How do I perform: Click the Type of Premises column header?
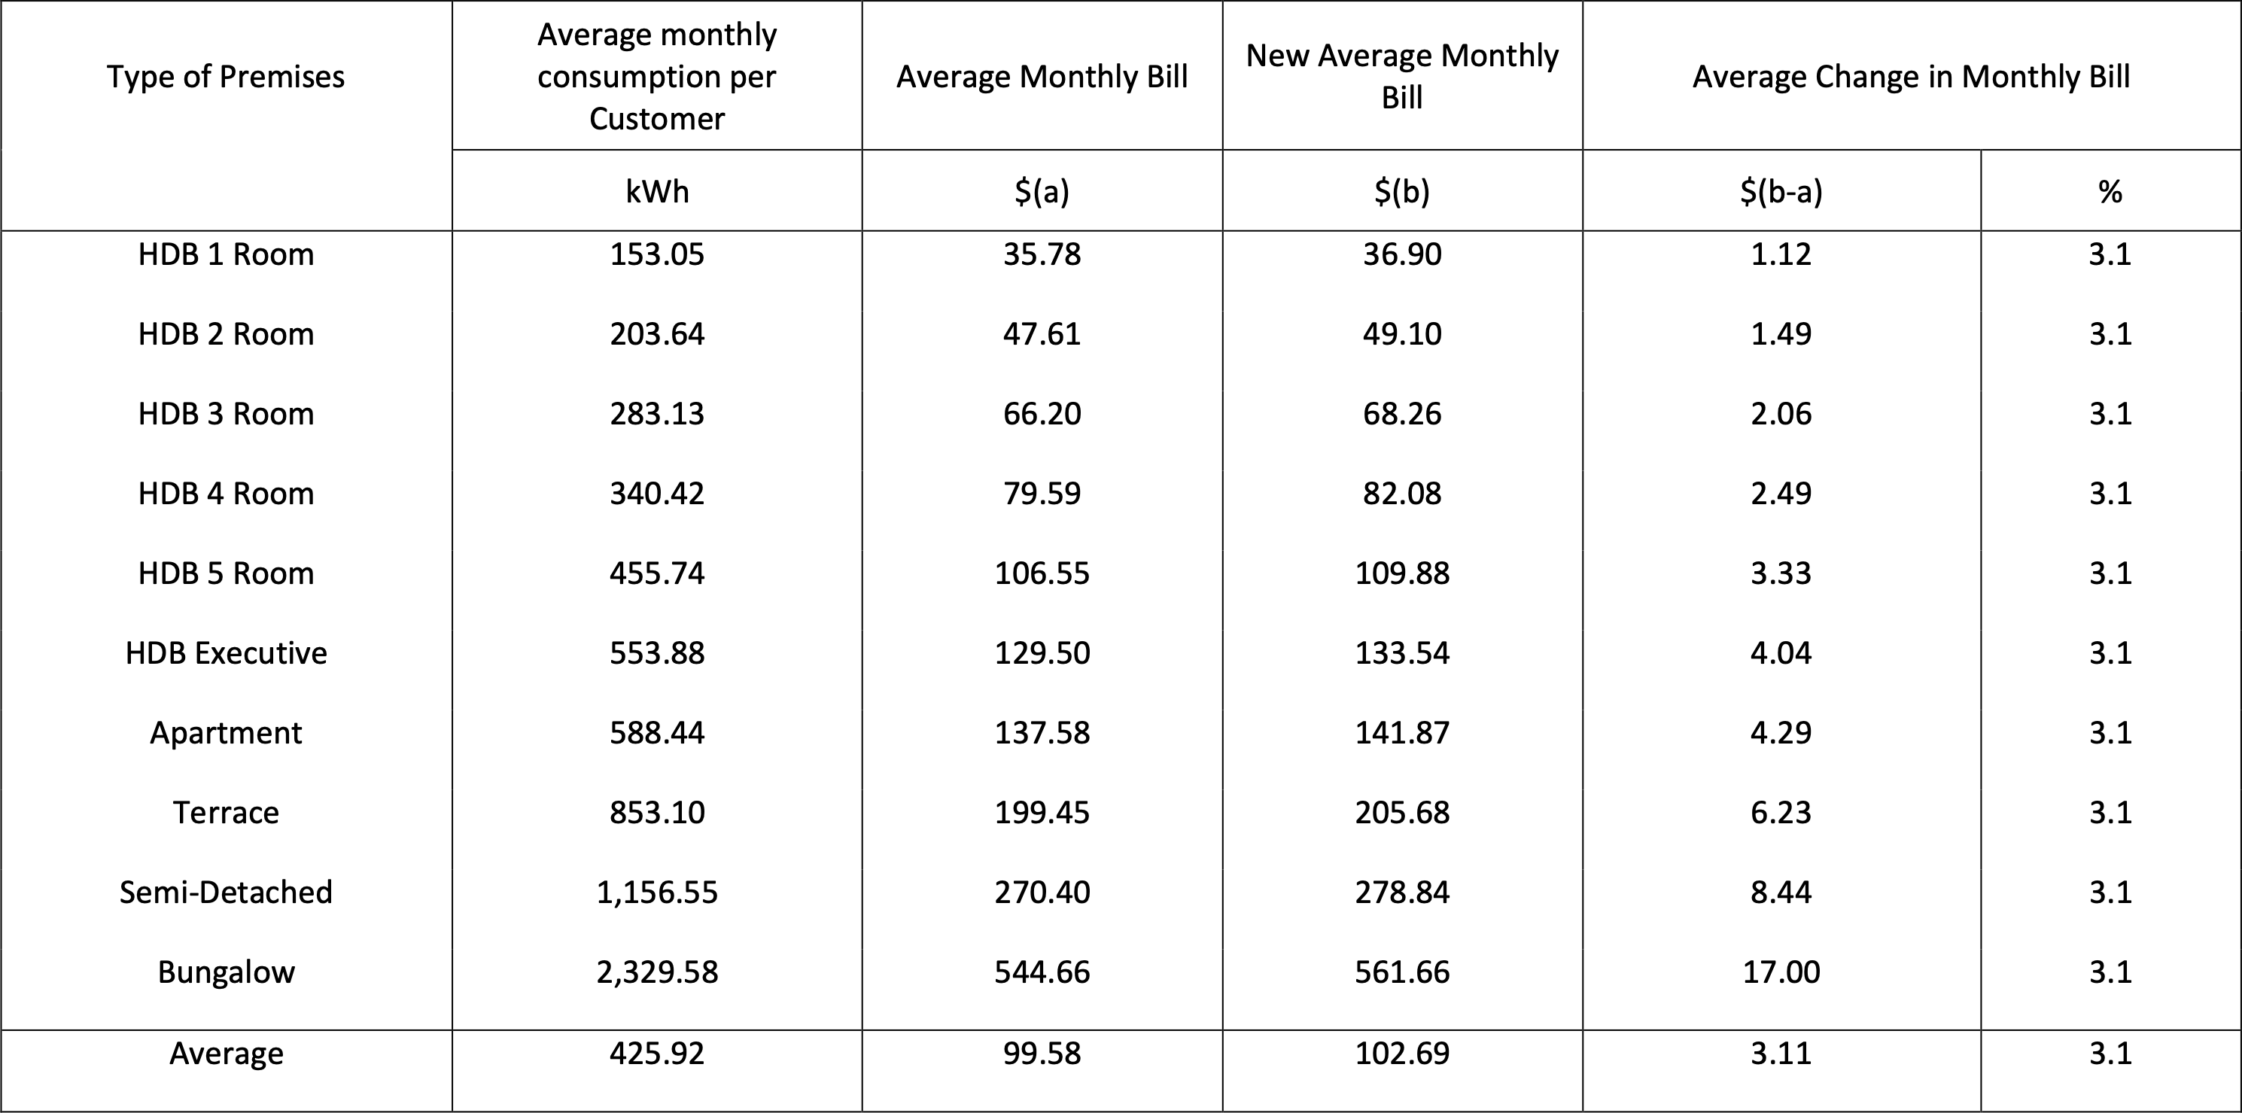pyautogui.click(x=226, y=77)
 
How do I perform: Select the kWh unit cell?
pyautogui.click(x=656, y=190)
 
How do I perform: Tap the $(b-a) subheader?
pyautogui.click(x=1781, y=190)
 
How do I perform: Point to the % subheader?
pyautogui.click(x=2110, y=190)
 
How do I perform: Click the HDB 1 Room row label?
pyautogui.click(x=226, y=254)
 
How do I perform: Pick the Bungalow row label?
pyautogui.click(x=226, y=972)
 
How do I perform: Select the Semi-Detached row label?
pyautogui.click(x=226, y=892)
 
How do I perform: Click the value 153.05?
pyautogui.click(x=656, y=254)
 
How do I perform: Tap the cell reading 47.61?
pyautogui.click(x=1041, y=333)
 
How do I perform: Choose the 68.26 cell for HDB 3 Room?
pyautogui.click(x=1401, y=413)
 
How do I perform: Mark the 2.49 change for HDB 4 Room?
pyautogui.click(x=1781, y=494)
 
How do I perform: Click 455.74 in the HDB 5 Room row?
pyautogui.click(x=656, y=573)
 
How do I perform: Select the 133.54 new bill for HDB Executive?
pyautogui.click(x=1401, y=652)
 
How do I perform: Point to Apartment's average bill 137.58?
pyautogui.click(x=1041, y=733)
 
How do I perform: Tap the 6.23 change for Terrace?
pyautogui.click(x=1781, y=812)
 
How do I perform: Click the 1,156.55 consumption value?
pyautogui.click(x=656, y=892)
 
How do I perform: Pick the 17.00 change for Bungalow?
pyautogui.click(x=1781, y=972)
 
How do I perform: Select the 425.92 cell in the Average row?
pyautogui.click(x=656, y=1053)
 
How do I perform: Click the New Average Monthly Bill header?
pyautogui.click(x=1401, y=77)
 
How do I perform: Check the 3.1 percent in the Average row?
pyautogui.click(x=2110, y=1053)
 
